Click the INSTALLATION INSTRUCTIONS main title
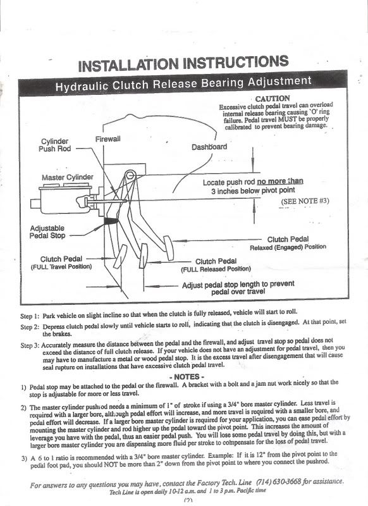[x=184, y=63]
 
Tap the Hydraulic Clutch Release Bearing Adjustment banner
[x=183, y=82]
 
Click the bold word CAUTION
[x=272, y=99]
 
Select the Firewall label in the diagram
[x=109, y=138]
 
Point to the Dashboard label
[x=209, y=147]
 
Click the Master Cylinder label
[x=68, y=177]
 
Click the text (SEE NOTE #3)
[x=305, y=201]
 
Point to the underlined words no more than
[x=279, y=182]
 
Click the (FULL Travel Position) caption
[x=61, y=267]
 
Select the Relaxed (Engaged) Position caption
[x=288, y=247]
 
